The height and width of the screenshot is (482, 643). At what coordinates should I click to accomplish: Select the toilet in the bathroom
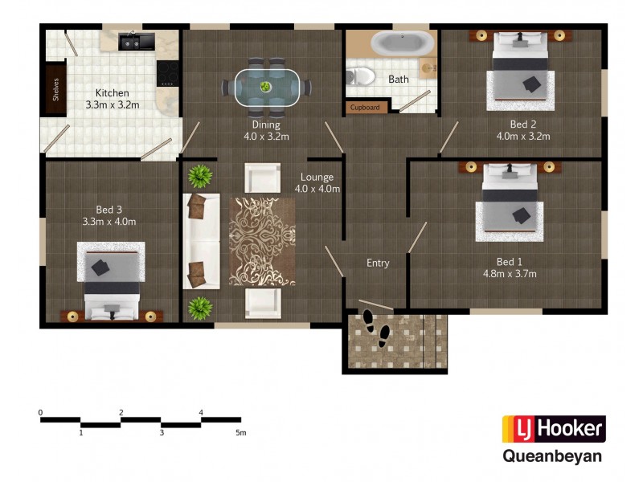pyautogui.click(x=362, y=76)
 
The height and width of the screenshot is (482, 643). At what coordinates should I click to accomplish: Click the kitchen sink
pyautogui.click(x=130, y=40)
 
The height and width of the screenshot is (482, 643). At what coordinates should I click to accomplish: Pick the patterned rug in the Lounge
pyautogui.click(x=262, y=241)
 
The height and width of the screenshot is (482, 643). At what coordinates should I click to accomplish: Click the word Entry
pyautogui.click(x=378, y=263)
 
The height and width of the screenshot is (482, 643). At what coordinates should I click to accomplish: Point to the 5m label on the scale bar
pyautogui.click(x=240, y=433)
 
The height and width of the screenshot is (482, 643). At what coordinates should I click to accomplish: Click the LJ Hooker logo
pyautogui.click(x=553, y=429)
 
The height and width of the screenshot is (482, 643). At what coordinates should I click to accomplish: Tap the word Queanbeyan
pyautogui.click(x=552, y=456)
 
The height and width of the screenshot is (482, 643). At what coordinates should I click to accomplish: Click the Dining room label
pyautogui.click(x=266, y=125)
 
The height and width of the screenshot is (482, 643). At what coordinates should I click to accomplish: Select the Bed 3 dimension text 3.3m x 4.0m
pyautogui.click(x=109, y=221)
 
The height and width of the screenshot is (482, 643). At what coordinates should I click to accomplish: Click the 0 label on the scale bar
pyautogui.click(x=40, y=413)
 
